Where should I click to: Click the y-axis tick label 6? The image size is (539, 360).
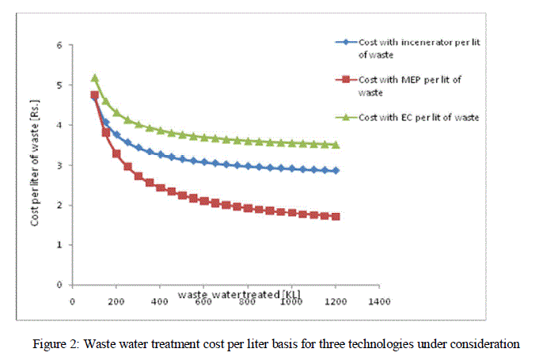click(60, 45)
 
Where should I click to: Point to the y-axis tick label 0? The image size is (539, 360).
click(60, 285)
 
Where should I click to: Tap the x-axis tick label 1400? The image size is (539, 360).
click(379, 301)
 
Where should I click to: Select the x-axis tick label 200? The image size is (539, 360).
click(116, 301)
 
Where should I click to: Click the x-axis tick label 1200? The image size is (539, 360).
click(336, 301)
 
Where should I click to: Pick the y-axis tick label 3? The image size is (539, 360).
click(60, 165)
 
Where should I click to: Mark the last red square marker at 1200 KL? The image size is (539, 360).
click(336, 216)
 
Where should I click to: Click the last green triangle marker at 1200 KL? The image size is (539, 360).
click(336, 145)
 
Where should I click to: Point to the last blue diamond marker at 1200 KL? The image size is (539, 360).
click(336, 171)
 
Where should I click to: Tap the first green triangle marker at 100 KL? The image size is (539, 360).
click(94, 78)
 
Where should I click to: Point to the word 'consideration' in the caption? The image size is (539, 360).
click(487, 344)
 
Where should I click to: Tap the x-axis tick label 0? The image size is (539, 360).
click(72, 301)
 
